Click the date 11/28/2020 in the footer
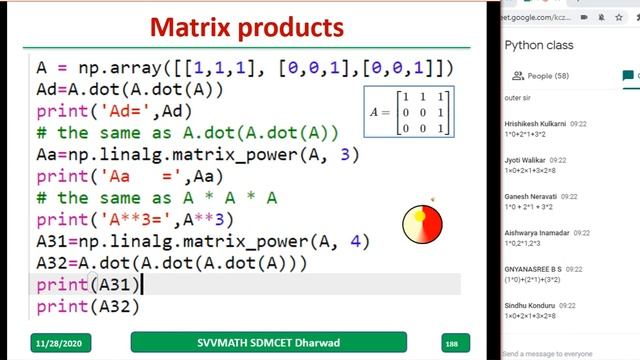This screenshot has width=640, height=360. pos(62,343)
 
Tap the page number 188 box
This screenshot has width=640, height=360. pos(451,343)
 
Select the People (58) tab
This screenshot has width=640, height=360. pos(541,76)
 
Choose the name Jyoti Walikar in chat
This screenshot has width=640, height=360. pos(521,160)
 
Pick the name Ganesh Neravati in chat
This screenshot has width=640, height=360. pos(528,198)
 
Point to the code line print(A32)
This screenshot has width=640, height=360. pos(87,307)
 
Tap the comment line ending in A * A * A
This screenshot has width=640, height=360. pos(156,198)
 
